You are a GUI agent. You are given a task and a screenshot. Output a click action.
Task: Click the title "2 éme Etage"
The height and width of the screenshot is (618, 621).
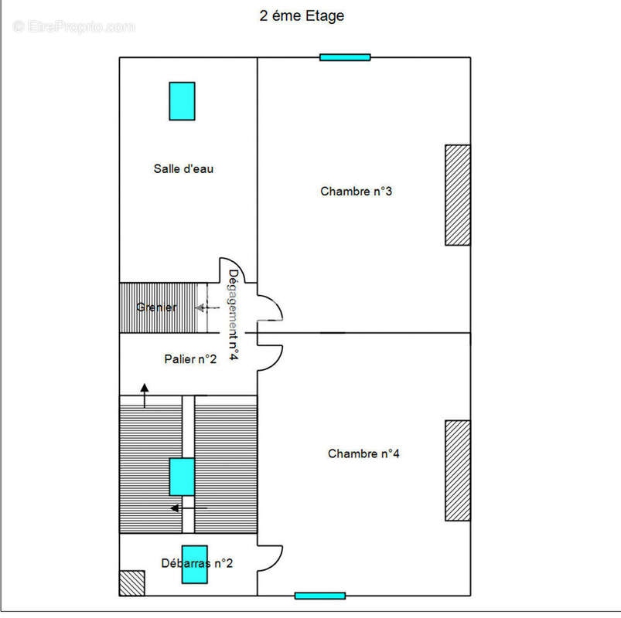pyautogui.click(x=302, y=15)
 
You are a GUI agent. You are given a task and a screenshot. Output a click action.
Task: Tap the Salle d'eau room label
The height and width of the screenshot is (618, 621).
pyautogui.click(x=183, y=168)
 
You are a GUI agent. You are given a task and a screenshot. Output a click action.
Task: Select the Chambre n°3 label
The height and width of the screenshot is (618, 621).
pyautogui.click(x=356, y=191)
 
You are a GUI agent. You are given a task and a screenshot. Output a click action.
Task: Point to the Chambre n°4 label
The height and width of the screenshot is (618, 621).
pyautogui.click(x=363, y=453)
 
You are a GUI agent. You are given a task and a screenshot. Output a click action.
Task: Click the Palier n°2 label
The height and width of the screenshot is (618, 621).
pyautogui.click(x=189, y=359)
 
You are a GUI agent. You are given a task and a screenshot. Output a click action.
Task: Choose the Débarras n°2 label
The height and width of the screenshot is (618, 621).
pyautogui.click(x=197, y=564)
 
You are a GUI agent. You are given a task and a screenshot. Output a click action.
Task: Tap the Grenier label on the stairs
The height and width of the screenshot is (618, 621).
pyautogui.click(x=156, y=307)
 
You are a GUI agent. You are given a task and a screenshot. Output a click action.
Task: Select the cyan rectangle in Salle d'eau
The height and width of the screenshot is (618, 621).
pyautogui.click(x=182, y=101)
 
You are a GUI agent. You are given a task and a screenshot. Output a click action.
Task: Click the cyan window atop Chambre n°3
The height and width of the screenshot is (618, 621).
pyautogui.click(x=345, y=56)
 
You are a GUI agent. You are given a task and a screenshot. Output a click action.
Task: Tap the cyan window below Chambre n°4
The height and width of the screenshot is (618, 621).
pyautogui.click(x=319, y=596)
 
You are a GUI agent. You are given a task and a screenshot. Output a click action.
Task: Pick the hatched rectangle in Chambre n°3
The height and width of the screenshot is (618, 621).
pyautogui.click(x=457, y=195)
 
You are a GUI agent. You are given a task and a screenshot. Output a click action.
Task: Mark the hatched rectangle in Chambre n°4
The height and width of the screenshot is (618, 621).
pyautogui.click(x=457, y=470)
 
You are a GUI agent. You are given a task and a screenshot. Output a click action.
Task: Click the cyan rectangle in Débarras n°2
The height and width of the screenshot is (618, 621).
pyautogui.click(x=194, y=569)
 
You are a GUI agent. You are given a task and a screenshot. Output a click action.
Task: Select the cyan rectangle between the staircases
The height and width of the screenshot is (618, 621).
pyautogui.click(x=182, y=477)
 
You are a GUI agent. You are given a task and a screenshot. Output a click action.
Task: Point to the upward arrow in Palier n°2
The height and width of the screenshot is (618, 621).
pyautogui.click(x=145, y=394)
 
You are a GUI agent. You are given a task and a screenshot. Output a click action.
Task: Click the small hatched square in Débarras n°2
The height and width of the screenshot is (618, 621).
pyautogui.click(x=131, y=582)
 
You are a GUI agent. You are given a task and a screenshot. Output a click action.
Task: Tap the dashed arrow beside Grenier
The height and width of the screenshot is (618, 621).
pyautogui.click(x=206, y=308)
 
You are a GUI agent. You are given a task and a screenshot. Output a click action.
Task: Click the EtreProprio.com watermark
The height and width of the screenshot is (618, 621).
pyautogui.click(x=74, y=27)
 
